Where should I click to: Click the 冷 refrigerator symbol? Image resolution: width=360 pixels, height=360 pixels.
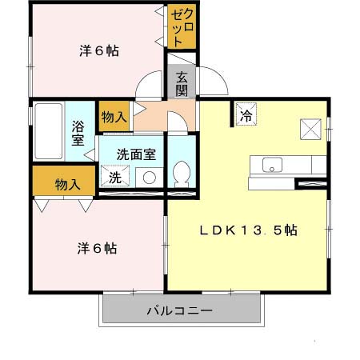click(246, 114)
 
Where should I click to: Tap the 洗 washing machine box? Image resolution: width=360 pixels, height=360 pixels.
click(114, 176)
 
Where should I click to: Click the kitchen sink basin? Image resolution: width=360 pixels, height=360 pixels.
click(272, 165)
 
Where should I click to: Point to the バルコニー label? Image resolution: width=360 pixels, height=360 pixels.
click(178, 310)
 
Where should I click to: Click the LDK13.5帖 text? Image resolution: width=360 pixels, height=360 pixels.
click(249, 230)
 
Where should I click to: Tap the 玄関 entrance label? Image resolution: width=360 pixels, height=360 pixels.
click(182, 83)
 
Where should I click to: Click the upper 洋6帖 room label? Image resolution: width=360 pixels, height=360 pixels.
click(99, 51)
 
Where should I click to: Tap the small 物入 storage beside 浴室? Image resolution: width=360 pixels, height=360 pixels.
click(114, 117)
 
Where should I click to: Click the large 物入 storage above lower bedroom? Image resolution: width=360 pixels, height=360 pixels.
click(66, 184)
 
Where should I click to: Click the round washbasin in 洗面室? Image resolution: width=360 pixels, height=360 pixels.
click(148, 177)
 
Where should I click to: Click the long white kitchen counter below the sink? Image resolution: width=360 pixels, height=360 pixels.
click(272, 183)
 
